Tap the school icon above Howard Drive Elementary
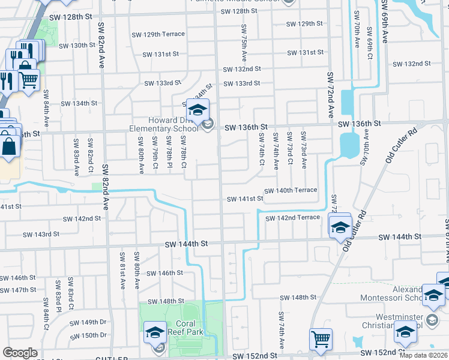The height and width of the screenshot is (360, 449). tap(197, 110)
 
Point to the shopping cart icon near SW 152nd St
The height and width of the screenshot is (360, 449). tap(321, 340)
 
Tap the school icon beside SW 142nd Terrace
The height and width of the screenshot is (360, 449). tap(340, 227)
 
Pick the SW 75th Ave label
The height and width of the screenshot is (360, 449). tap(244, 43)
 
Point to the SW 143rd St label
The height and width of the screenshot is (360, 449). tap(41, 235)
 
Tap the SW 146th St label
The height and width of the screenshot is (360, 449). tap(164, 273)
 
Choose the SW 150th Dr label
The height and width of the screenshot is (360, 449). tap(89, 335)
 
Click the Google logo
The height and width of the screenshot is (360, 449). tap(20, 352)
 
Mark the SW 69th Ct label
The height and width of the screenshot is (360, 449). tap(370, 37)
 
